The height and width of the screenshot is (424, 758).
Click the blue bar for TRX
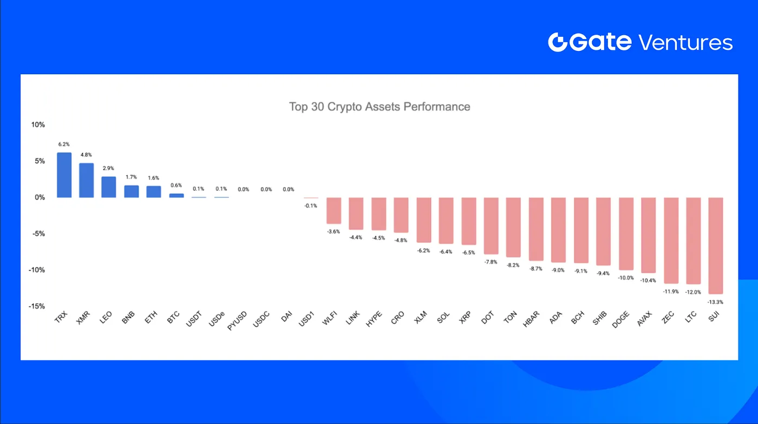64,175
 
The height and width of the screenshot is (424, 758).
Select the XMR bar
87,181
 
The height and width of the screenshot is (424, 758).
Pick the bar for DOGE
626,234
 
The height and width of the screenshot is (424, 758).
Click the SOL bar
446,221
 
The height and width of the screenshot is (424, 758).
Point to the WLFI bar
334,211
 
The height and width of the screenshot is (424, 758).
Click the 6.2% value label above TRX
64,145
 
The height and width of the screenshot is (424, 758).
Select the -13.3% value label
715,302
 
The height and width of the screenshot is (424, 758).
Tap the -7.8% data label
491,262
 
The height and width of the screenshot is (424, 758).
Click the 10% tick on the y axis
38,125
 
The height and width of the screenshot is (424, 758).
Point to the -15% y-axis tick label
36,306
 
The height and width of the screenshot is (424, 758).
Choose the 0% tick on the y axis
40,197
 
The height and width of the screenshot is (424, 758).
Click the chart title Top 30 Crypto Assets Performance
380,107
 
